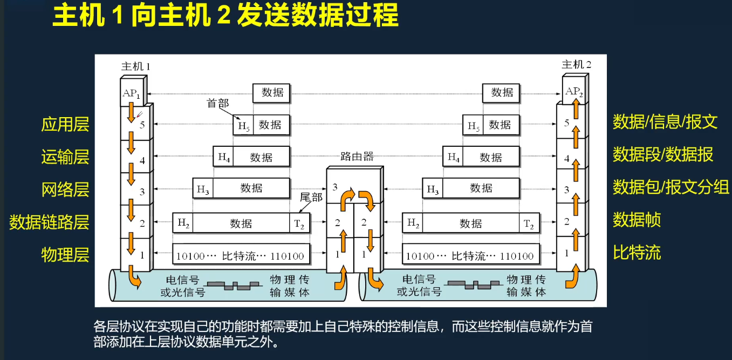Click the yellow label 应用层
pos(65,125)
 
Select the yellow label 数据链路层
pos(49,222)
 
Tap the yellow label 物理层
pos(65,254)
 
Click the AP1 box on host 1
pos(132,93)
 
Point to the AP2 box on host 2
pos(574,92)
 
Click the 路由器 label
pos(357,157)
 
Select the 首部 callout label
pos(218,103)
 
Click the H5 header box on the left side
pos(243,125)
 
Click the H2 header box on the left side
pos(183,223)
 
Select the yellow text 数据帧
pos(637,220)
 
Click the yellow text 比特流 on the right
pos(637,253)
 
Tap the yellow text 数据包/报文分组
pos(671,187)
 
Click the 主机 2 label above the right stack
pos(576,65)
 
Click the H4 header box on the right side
pos(453,158)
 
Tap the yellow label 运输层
pos(65,157)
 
